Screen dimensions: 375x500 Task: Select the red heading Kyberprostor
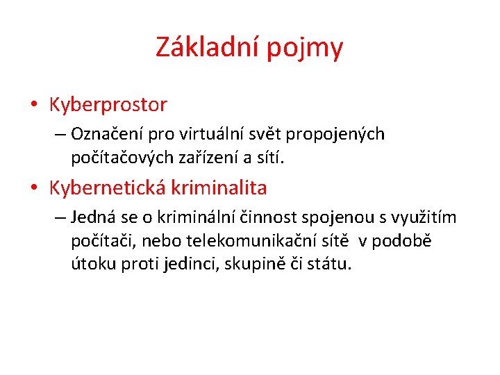(x=108, y=105)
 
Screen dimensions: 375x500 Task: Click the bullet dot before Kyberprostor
(x=33, y=106)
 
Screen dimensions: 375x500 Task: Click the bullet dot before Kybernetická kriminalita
(x=33, y=188)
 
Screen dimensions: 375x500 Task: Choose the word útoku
(x=90, y=265)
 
